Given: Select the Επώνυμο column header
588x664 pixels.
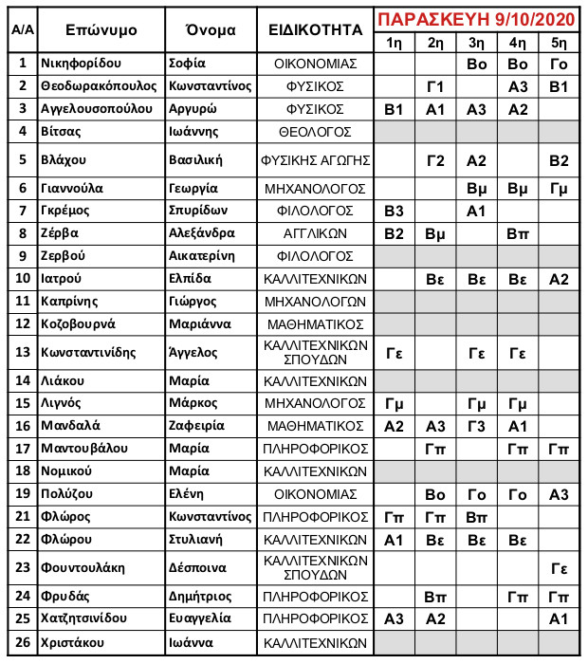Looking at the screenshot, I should pos(101,30).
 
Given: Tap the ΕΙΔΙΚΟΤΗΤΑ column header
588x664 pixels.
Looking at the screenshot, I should pos(316,30).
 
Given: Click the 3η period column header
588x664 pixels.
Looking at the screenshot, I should pos(476,44).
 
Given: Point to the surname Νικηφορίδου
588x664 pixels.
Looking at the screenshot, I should pos(83,64).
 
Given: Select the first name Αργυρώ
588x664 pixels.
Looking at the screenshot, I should pos(193,109).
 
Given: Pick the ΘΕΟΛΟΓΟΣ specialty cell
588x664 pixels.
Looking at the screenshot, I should pos(316,131).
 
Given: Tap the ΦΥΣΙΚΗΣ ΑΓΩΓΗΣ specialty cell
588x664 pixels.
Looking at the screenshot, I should pos(316,159).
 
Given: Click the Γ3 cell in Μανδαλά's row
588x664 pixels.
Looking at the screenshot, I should pos(476,426).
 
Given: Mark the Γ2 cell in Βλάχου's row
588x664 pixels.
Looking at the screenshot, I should pos(435,159).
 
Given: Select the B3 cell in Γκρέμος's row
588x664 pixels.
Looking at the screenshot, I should pos(395,211).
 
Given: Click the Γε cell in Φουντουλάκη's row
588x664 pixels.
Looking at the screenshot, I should pos(559,567).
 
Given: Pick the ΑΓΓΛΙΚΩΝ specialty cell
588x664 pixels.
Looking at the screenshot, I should pos(316,232).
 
